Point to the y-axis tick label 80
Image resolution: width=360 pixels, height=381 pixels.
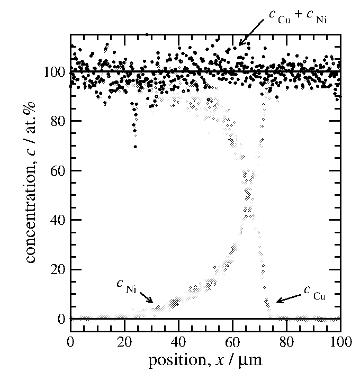57,121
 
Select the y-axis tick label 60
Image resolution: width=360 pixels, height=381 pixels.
57,171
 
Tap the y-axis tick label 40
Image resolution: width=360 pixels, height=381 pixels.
57,220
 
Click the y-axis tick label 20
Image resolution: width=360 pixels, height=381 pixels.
57,269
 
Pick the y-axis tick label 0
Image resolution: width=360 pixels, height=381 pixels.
60,319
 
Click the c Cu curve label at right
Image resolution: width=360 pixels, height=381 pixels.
316,292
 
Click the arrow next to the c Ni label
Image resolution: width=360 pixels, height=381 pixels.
144,297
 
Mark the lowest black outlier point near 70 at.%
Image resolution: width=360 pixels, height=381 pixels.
136,147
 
